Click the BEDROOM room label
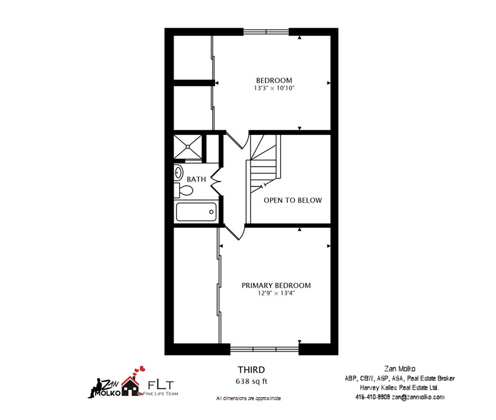tap(274, 81)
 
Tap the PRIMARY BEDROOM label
tap(276, 286)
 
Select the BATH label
tap(196, 179)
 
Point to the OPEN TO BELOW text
tap(293, 200)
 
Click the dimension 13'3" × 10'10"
tap(274, 88)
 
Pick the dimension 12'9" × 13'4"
tap(276, 293)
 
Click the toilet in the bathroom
tap(184, 190)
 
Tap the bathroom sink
tap(179, 173)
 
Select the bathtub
tap(196, 212)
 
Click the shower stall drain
tap(188, 147)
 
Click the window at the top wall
tap(266, 32)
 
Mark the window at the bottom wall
tap(265, 349)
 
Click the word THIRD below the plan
tap(252, 370)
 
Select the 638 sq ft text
tap(252, 381)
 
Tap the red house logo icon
tap(130, 385)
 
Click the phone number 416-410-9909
tap(373, 397)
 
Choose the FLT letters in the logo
tap(161, 385)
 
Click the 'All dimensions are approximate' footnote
tap(249, 398)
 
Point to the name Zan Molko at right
tap(400, 369)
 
